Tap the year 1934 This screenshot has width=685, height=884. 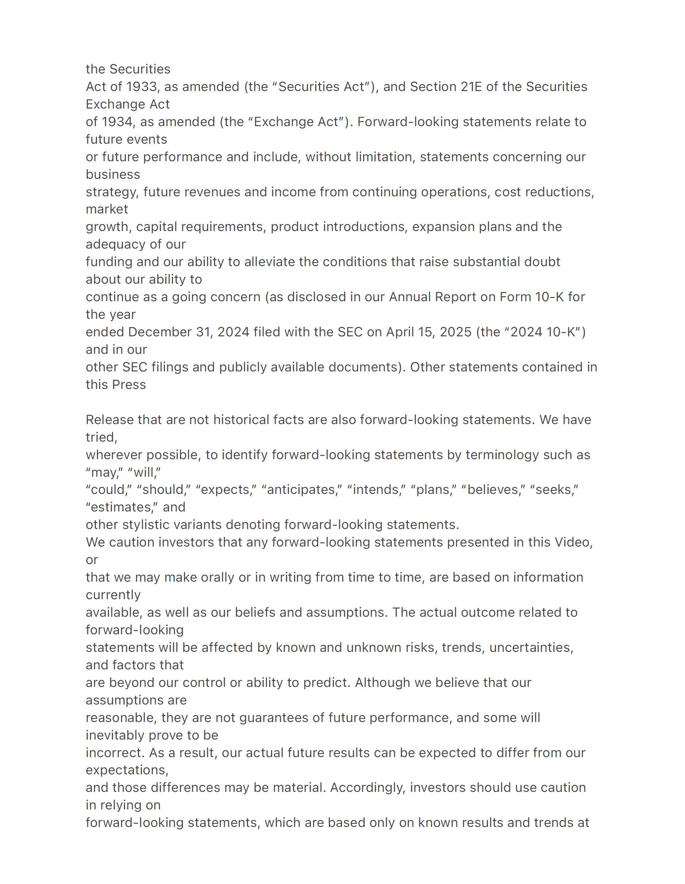tap(117, 122)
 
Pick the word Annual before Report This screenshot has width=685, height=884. tap(410, 297)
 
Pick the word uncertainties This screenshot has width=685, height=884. tap(531, 647)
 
